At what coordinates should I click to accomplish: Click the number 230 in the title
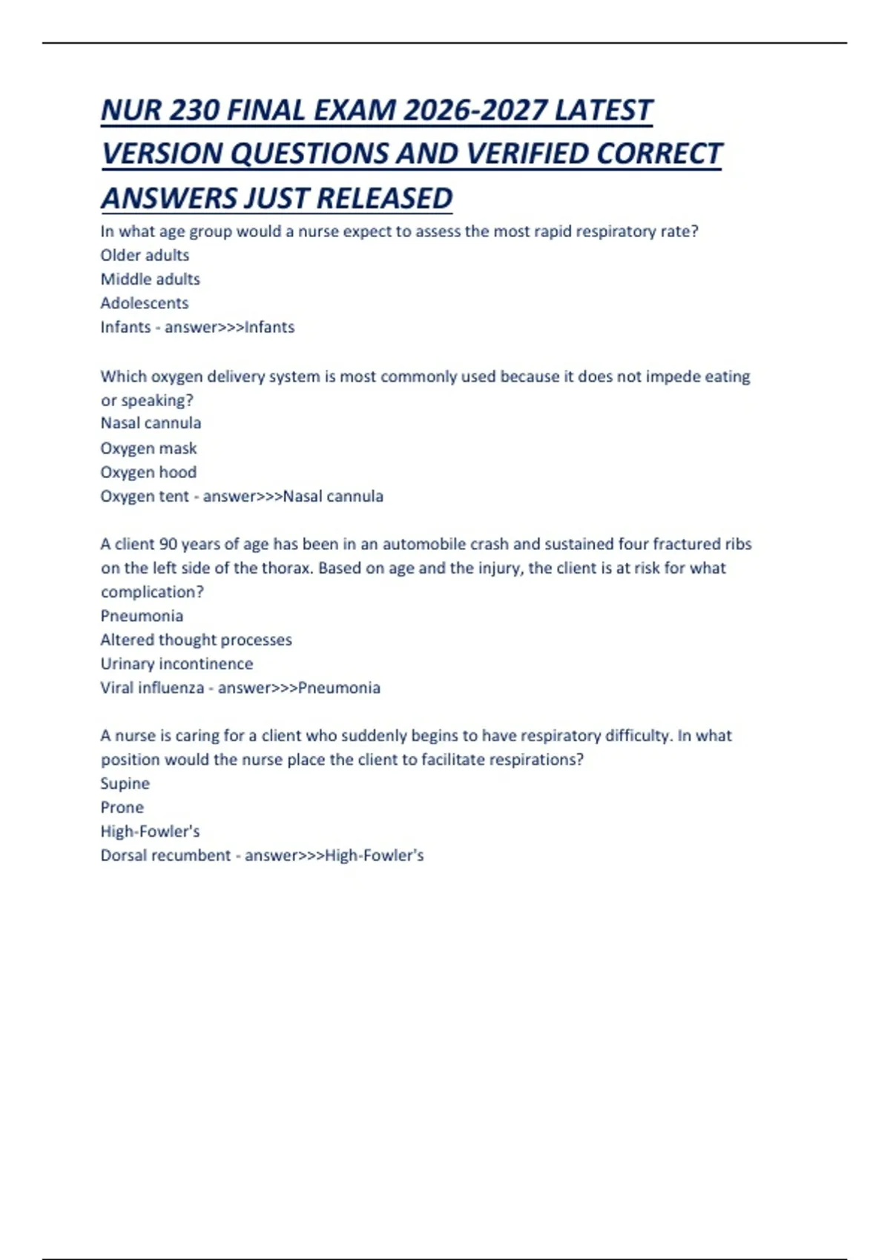[x=194, y=110]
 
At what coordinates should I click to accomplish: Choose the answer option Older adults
[x=145, y=255]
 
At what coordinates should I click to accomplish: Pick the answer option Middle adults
[x=150, y=279]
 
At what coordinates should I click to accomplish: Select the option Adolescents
[x=144, y=303]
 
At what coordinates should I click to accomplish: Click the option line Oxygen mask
[x=148, y=448]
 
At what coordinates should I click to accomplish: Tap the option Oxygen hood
[x=148, y=472]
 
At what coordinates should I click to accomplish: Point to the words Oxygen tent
[x=145, y=496]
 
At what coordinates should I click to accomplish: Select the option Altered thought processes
[x=196, y=640]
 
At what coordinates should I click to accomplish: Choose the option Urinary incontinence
[x=177, y=663]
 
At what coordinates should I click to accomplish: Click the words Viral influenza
[x=152, y=688]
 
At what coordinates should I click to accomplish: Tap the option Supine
[x=125, y=783]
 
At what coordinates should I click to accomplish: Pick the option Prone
[x=122, y=807]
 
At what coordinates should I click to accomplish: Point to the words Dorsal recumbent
[x=165, y=855]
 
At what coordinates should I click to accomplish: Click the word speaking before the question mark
[x=153, y=401]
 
